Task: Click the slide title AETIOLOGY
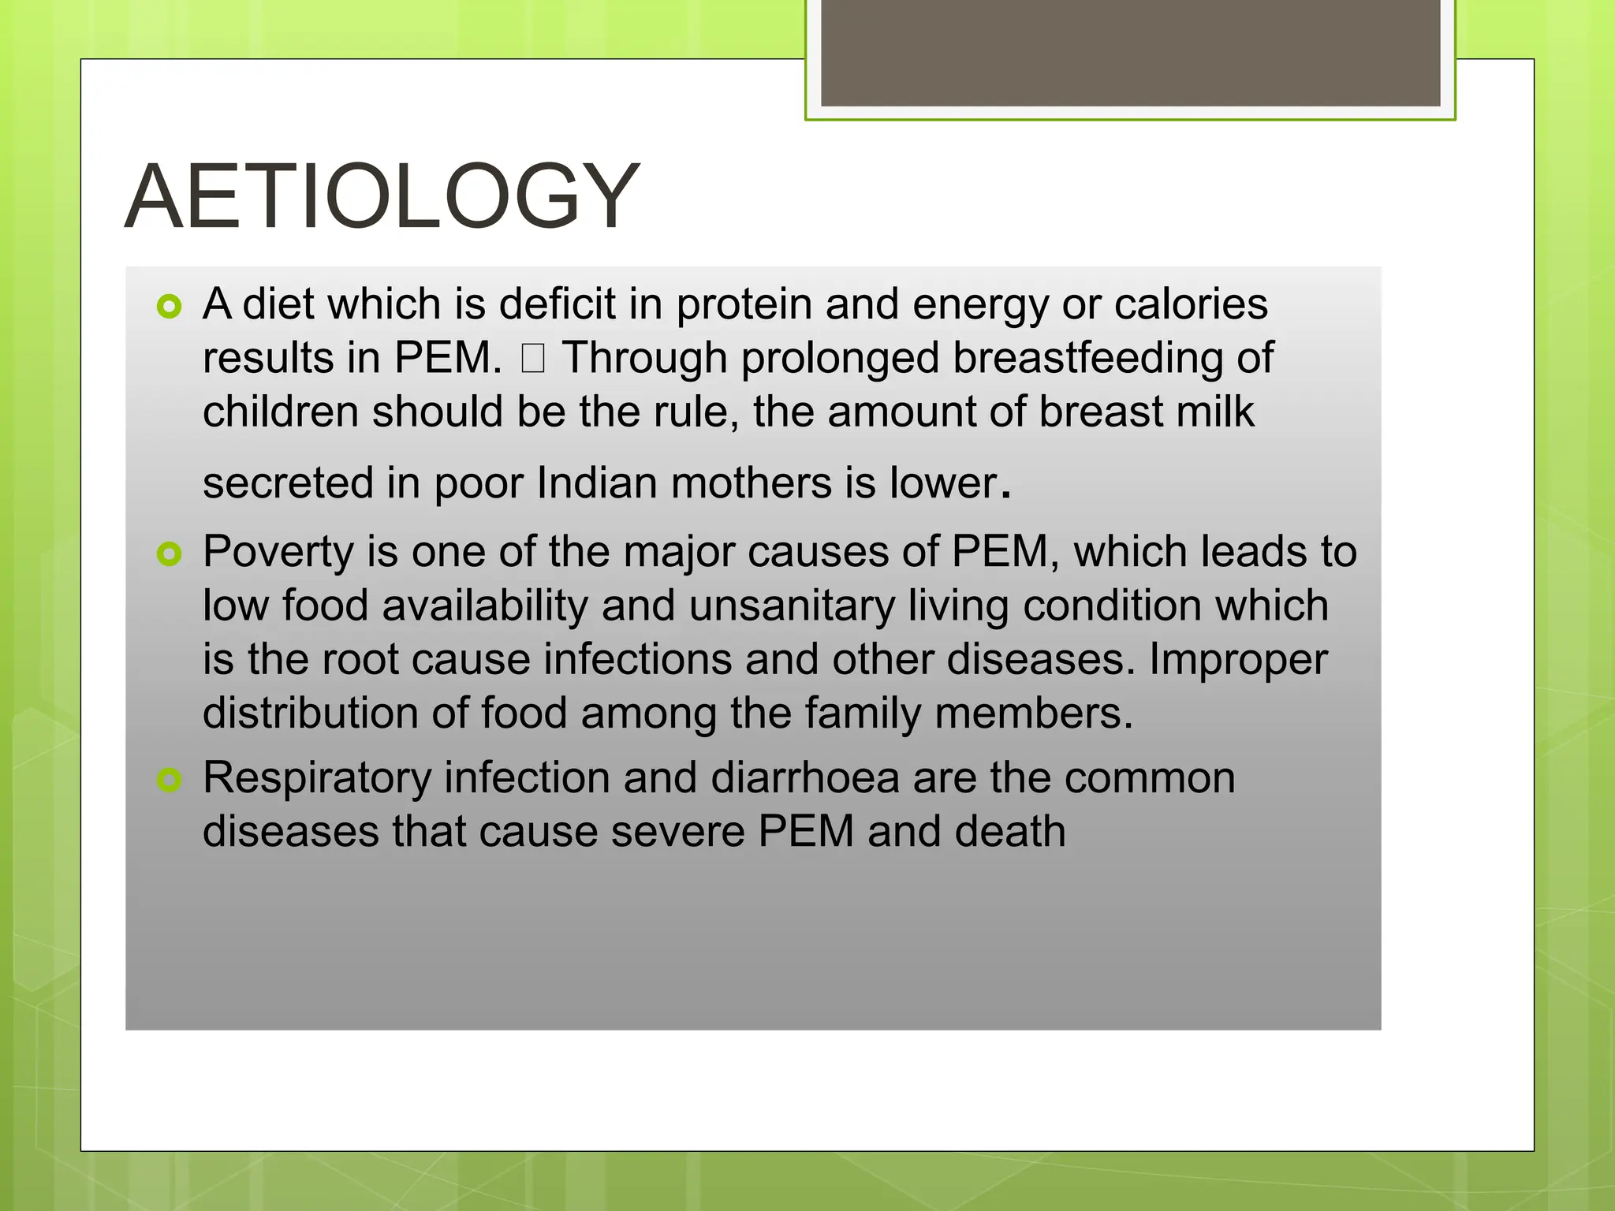point(382,196)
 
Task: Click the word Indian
point(597,483)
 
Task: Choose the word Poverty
point(278,552)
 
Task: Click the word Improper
point(1238,659)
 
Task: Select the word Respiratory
point(317,778)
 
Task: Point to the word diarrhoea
point(805,778)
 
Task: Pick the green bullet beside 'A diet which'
point(169,307)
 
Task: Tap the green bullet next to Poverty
point(169,553)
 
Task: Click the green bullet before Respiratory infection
point(169,781)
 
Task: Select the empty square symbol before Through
point(533,360)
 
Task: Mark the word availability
point(485,605)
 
